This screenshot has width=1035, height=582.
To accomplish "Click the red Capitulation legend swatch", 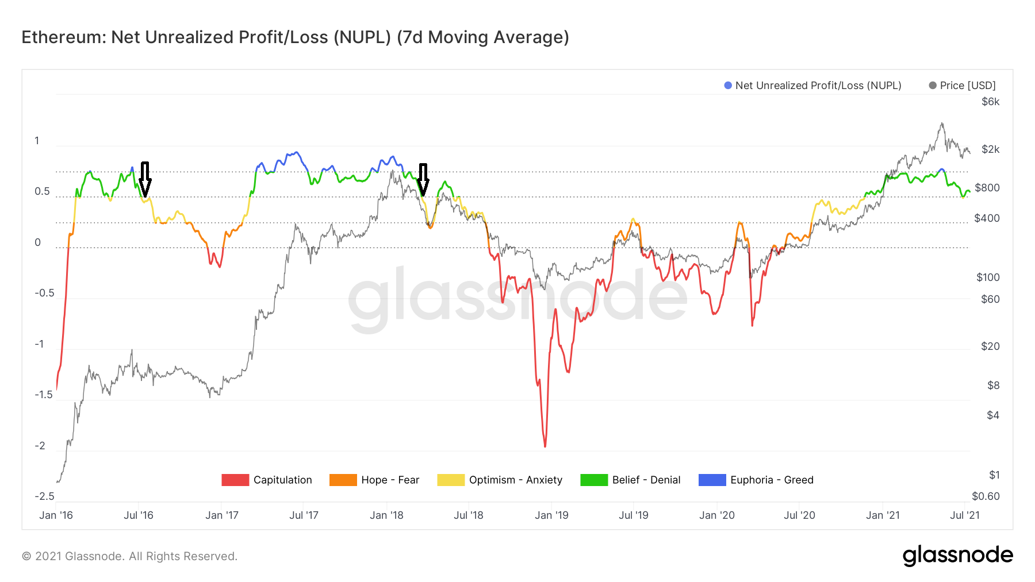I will (235, 480).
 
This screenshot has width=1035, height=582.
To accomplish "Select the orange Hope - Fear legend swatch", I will (343, 480).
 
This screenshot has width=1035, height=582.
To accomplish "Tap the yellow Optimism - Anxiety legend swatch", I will (451, 480).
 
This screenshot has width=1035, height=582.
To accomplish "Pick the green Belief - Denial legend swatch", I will (594, 480).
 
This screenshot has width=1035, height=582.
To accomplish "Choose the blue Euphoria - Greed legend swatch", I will (712, 480).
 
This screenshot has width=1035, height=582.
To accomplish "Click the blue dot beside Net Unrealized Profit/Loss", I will (728, 86).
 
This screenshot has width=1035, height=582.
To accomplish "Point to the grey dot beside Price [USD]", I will (933, 86).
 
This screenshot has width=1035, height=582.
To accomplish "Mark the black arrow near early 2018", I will (423, 180).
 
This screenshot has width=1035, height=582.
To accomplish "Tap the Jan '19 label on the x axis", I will (551, 515).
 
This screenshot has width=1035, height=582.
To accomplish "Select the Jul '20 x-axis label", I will (799, 515).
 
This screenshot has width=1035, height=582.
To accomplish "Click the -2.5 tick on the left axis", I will (44, 496).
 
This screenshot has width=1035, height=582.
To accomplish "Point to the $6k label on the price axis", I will (990, 102).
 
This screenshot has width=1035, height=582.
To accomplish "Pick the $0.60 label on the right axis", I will (986, 496).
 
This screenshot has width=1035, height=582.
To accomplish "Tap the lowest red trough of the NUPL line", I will (545, 446).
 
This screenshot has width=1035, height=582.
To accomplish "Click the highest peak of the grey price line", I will (942, 123).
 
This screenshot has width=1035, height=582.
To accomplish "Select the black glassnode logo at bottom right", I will (957, 556).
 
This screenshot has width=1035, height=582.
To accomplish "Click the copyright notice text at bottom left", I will (129, 556).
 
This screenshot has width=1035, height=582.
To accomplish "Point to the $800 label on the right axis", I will (987, 188).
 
